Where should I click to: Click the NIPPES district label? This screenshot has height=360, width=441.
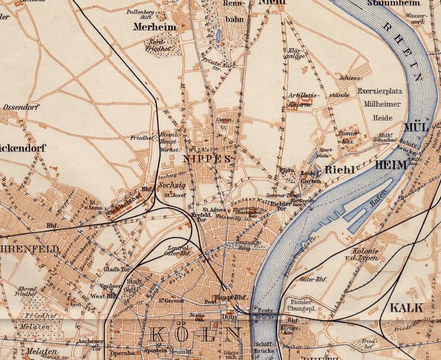(206, 159)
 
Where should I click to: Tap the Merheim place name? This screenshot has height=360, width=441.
(154, 27)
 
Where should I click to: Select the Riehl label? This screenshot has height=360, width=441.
(339, 170)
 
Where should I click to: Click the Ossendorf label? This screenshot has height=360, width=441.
(22, 107)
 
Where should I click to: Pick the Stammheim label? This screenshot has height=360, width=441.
(394, 3)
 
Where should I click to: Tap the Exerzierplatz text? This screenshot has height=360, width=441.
(379, 91)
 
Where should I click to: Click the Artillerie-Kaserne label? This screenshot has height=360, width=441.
(303, 99)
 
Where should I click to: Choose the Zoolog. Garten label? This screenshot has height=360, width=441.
(311, 177)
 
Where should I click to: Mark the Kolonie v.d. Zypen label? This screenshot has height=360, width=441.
(366, 254)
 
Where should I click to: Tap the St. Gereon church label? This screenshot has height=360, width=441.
(171, 301)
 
